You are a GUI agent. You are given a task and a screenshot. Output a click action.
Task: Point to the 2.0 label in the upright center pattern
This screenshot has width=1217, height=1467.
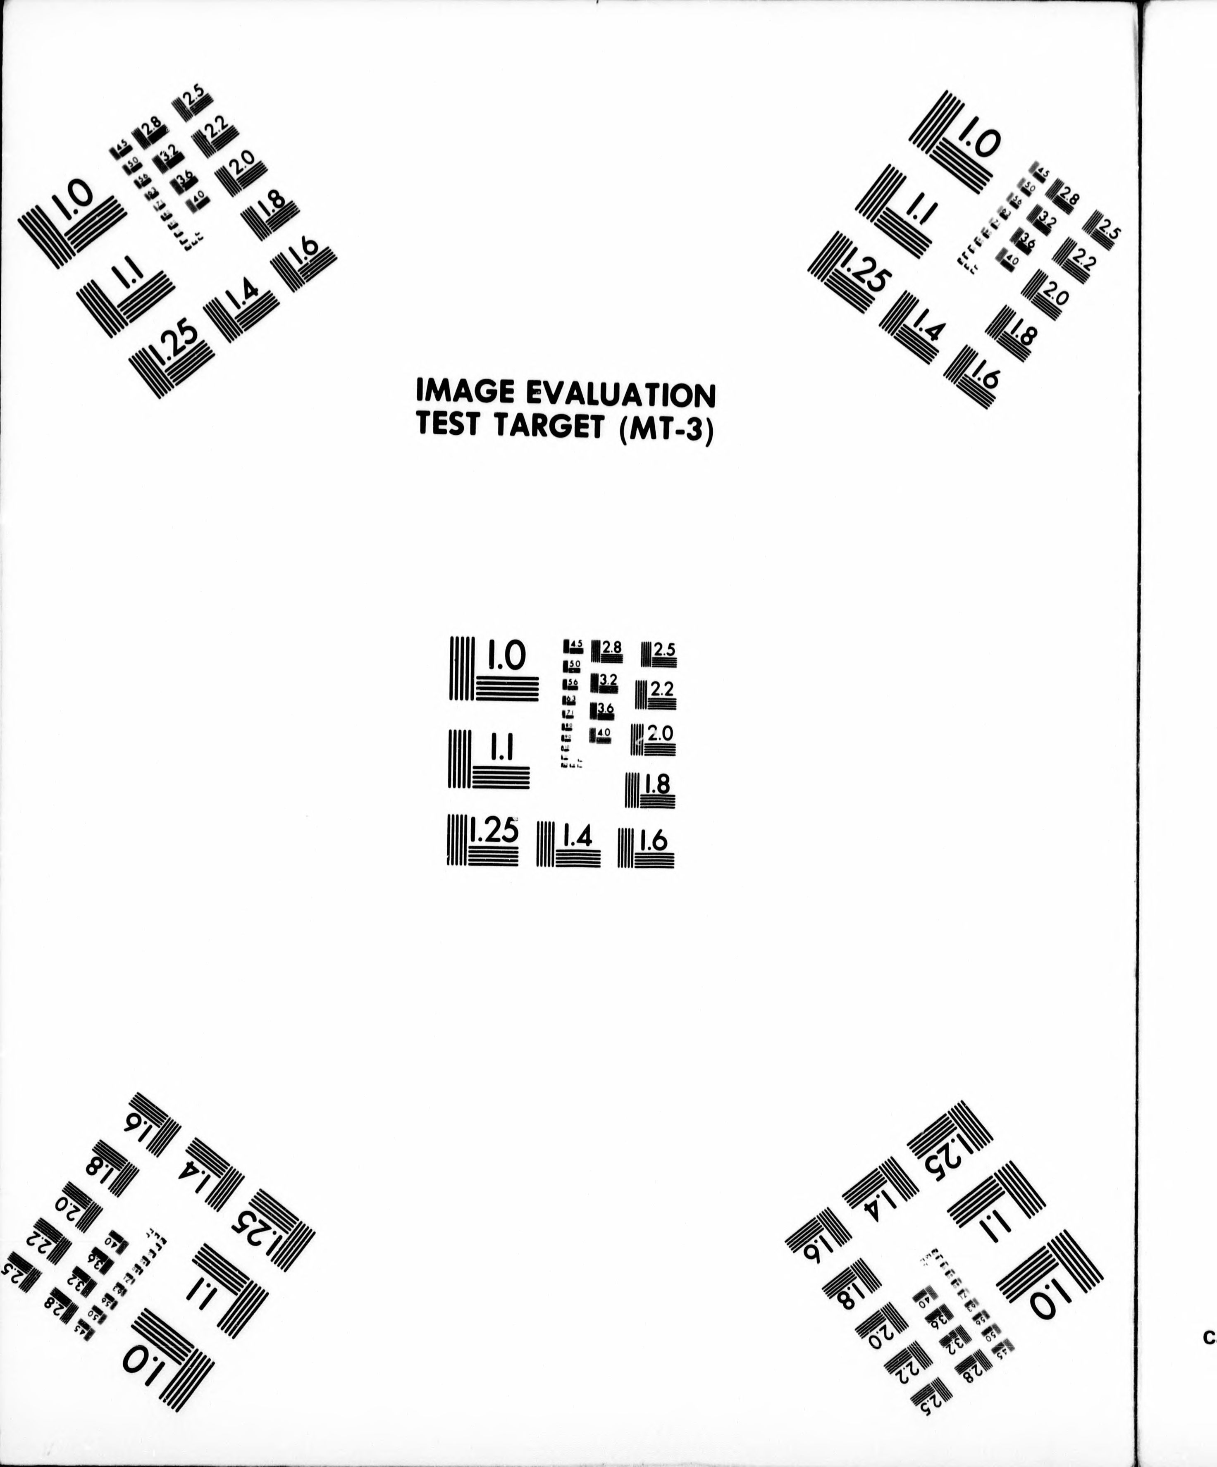pyautogui.click(x=660, y=733)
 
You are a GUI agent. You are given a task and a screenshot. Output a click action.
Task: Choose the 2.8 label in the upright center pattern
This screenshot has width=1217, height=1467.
pyautogui.click(x=611, y=647)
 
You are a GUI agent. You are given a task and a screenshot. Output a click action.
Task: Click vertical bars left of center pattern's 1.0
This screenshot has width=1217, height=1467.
pyautogui.click(x=462, y=668)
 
